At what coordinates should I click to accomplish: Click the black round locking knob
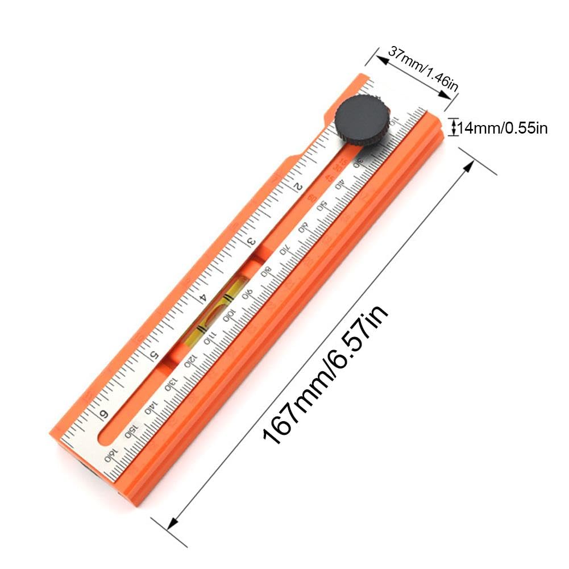360,119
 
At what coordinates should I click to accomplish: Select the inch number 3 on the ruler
251,241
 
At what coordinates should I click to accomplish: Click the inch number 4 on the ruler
202,297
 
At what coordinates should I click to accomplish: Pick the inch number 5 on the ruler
154,355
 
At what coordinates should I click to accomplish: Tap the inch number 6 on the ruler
104,414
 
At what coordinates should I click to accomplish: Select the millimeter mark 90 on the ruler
248,294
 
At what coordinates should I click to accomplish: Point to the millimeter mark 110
209,339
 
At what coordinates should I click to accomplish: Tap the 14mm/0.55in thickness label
502,128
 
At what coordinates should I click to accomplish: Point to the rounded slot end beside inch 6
105,437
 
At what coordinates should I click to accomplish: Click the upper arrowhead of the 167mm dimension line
470,164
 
